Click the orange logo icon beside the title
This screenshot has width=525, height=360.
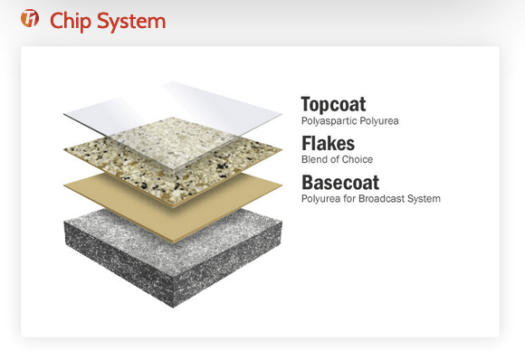pyautogui.click(x=30, y=18)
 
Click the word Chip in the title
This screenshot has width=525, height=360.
pyautogui.click(x=71, y=22)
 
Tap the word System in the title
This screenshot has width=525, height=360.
pyautogui.click(x=131, y=22)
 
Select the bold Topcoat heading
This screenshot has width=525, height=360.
pyautogui.click(x=333, y=104)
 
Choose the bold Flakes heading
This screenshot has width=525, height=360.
pyautogui.click(x=328, y=143)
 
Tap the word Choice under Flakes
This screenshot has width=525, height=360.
pyautogui.click(x=358, y=159)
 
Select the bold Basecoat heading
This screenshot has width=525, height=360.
pyautogui.click(x=340, y=183)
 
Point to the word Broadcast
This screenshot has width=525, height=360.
pyautogui.click(x=382, y=199)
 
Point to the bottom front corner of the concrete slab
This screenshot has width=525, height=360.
pyautogui.click(x=173, y=308)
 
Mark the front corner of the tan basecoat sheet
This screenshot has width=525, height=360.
pyautogui.click(x=173, y=243)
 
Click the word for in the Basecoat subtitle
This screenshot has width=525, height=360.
pyautogui.click(x=349, y=199)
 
